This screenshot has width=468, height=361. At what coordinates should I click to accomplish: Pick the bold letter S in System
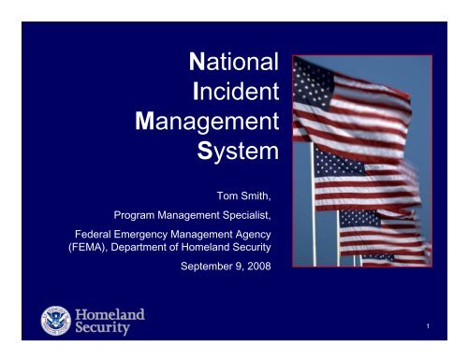(219, 152)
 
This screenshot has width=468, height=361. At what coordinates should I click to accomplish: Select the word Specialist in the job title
(253, 214)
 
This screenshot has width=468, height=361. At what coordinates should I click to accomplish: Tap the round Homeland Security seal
(56, 321)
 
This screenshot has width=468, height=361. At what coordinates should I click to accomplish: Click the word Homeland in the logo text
(110, 314)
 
